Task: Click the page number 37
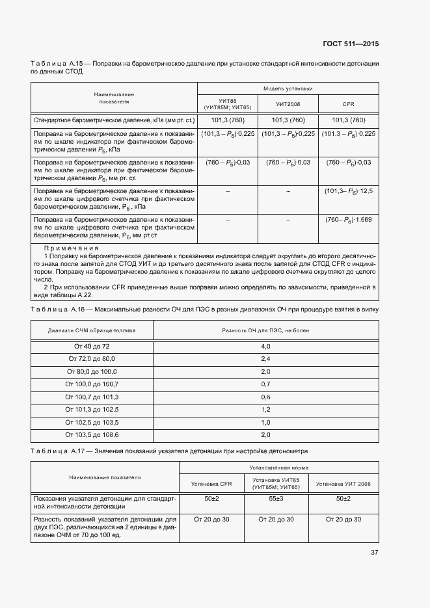374,552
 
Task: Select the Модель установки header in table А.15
288,88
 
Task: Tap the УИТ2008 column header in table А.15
288,104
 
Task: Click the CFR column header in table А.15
348,104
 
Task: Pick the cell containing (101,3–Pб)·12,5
348,191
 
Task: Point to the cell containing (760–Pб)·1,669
348,220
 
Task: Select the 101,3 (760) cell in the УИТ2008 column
288,120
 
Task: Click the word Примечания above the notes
71,248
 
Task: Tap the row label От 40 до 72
92,347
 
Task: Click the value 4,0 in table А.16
265,347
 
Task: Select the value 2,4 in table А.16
265,359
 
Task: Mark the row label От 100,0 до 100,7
92,384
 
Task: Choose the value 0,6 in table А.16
265,397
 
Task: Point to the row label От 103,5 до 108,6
92,434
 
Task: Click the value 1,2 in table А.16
265,409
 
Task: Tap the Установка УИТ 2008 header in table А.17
343,484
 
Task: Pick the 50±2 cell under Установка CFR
212,498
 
